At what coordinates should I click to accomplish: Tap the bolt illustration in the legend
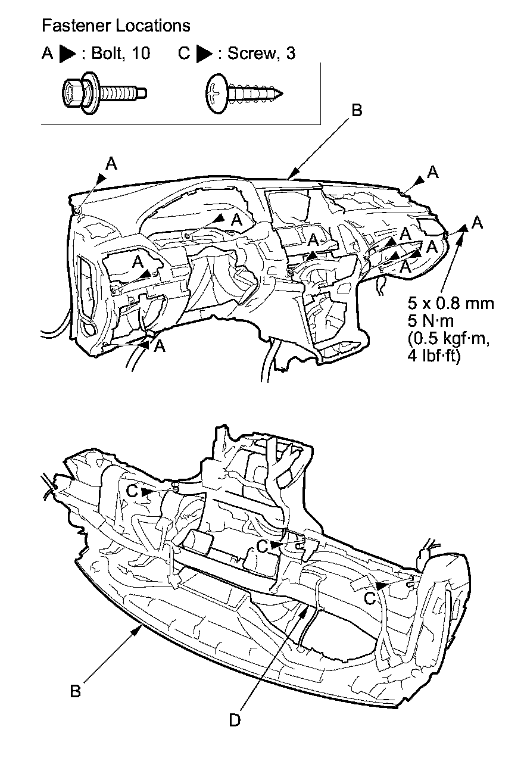104,92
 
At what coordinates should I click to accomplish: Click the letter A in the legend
47,54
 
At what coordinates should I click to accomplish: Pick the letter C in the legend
184,54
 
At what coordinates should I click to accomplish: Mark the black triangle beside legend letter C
204,54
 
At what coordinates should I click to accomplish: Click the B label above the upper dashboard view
356,110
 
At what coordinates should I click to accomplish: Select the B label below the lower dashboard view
76,692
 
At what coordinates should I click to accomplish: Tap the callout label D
235,720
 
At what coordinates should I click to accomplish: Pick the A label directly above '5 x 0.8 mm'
477,223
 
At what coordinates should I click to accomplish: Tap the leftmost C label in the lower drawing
133,491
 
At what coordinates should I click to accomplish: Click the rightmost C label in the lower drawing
370,597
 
